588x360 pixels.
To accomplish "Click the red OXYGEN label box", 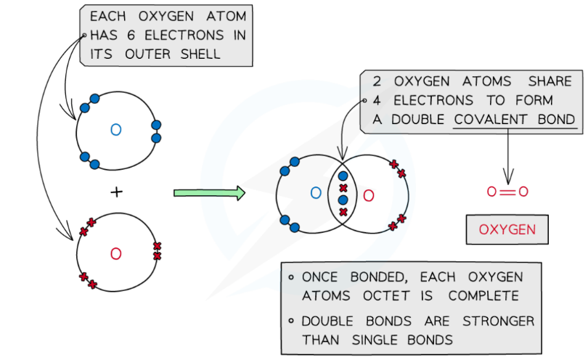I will pyautogui.click(x=507, y=230).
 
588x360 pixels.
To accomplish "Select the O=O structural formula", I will pyautogui.click(x=507, y=192).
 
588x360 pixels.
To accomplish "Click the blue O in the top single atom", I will pyautogui.click(x=115, y=130).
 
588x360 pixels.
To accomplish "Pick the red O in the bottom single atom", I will pyautogui.click(x=115, y=253).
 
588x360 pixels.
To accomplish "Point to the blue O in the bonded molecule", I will pyautogui.click(x=316, y=193).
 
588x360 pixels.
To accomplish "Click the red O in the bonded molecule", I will pyautogui.click(x=368, y=195).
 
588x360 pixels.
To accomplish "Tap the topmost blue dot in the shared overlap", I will pyautogui.click(x=343, y=176).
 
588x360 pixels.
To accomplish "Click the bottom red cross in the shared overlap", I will pyautogui.click(x=343, y=212).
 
